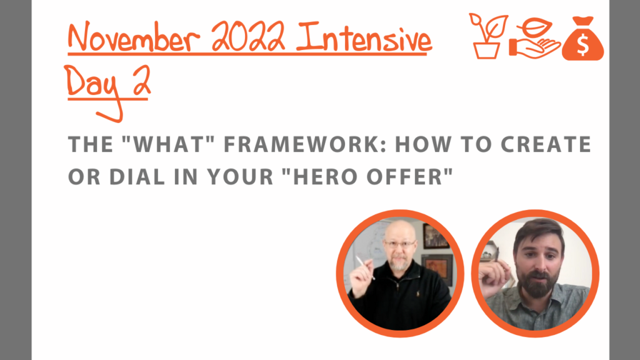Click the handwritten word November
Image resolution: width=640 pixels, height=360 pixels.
[x=134, y=37]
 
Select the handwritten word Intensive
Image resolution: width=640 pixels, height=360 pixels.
[x=364, y=37]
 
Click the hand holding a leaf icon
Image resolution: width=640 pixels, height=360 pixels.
[x=535, y=39]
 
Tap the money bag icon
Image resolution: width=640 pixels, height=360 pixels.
[x=583, y=39]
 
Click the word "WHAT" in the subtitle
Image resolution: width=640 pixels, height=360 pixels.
[x=168, y=144]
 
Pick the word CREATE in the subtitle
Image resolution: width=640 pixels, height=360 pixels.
[x=546, y=144]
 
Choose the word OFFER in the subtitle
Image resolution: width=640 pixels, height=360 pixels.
[x=409, y=177]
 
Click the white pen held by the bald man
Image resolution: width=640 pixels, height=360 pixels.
[x=365, y=267]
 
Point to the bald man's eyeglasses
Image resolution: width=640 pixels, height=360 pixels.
[x=400, y=244]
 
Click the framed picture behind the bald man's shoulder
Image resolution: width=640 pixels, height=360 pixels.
[x=437, y=269]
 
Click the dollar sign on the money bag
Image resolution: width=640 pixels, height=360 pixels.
[x=583, y=44]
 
